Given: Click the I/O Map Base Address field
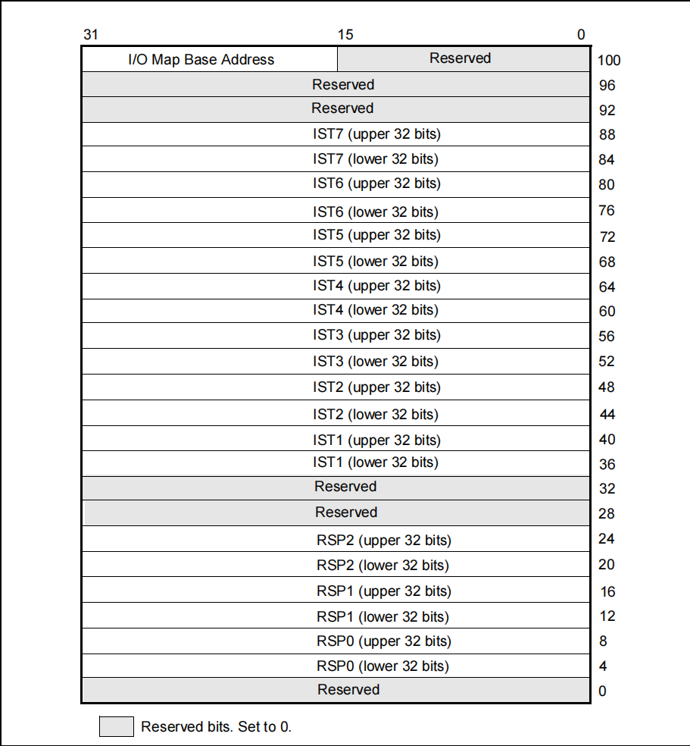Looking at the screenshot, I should coord(201,59).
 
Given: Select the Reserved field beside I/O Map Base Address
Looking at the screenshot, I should coord(461,58).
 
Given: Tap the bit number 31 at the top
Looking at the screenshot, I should coord(91,35).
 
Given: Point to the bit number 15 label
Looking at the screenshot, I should coord(345,35).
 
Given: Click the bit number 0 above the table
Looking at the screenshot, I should coord(581,35).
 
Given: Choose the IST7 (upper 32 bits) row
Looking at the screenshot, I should coord(376,134).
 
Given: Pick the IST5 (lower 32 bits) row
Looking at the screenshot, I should coord(376,261).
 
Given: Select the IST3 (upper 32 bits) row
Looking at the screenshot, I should coord(376,335).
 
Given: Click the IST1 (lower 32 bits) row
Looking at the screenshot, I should coord(376,462).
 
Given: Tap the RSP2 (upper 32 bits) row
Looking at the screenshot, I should coord(383,540).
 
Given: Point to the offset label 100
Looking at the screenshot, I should coord(609,61).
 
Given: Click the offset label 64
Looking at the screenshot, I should coord(607,287).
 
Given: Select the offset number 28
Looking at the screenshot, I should coord(607,514).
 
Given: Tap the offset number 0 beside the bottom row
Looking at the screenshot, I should coord(602,691).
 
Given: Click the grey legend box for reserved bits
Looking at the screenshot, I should coord(117,726).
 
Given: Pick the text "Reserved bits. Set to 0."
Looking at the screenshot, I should coord(216,726).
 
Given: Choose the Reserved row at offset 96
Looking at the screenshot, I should coord(343,85).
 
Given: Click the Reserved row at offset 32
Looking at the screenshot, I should coord(345,487).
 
